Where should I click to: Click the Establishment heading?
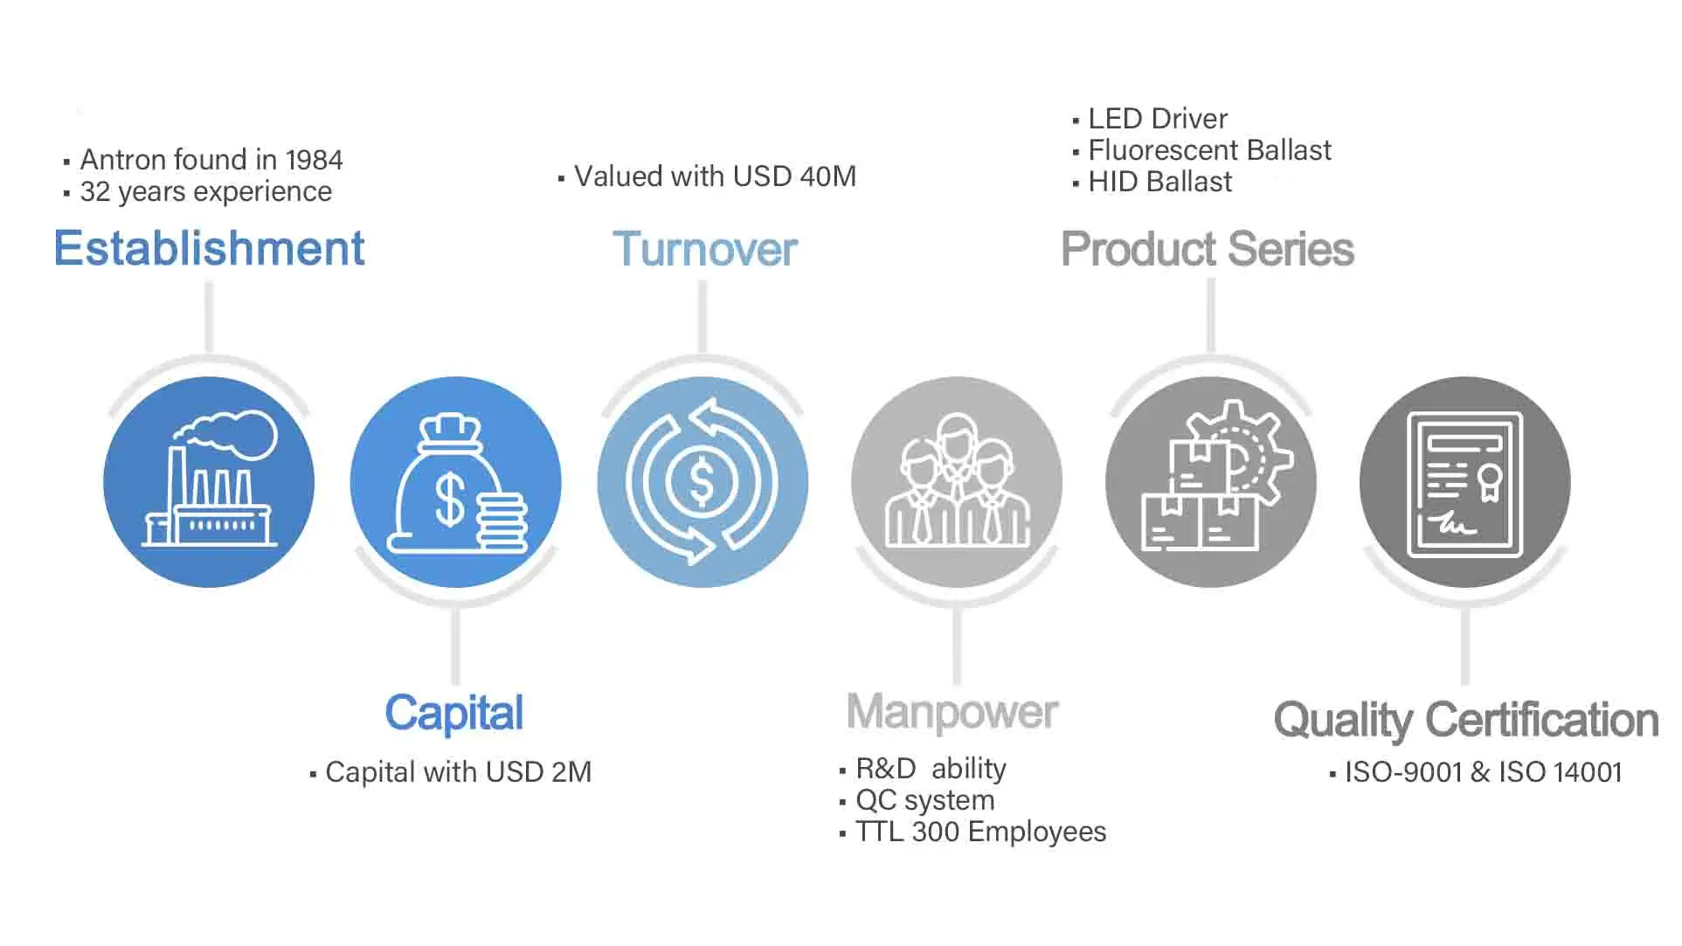pyautogui.click(x=209, y=249)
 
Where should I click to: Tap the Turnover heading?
pyautogui.click(x=704, y=250)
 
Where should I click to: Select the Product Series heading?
pyautogui.click(x=1207, y=250)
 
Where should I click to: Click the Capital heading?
pyautogui.click(x=453, y=714)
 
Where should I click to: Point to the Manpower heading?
pyautogui.click(x=952, y=713)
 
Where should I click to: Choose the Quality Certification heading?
pyautogui.click(x=1465, y=721)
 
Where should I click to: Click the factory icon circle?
pyautogui.click(x=209, y=482)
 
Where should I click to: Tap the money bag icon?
pyautogui.click(x=455, y=482)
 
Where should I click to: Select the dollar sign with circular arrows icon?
pyautogui.click(x=703, y=482)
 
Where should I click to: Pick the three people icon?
pyautogui.click(x=957, y=482)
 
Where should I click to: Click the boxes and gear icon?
pyautogui.click(x=1211, y=482)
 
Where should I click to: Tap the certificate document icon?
pyautogui.click(x=1465, y=482)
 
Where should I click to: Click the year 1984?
pyautogui.click(x=314, y=161)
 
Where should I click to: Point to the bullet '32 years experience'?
pyautogui.click(x=205, y=192)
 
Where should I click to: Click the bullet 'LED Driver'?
pyautogui.click(x=1157, y=119)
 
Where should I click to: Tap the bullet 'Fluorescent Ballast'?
pyautogui.click(x=1208, y=150)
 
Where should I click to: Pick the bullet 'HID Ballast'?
pyautogui.click(x=1159, y=182)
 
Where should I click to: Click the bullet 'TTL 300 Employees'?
pyautogui.click(x=979, y=832)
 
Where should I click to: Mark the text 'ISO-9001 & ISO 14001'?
pyautogui.click(x=1482, y=772)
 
